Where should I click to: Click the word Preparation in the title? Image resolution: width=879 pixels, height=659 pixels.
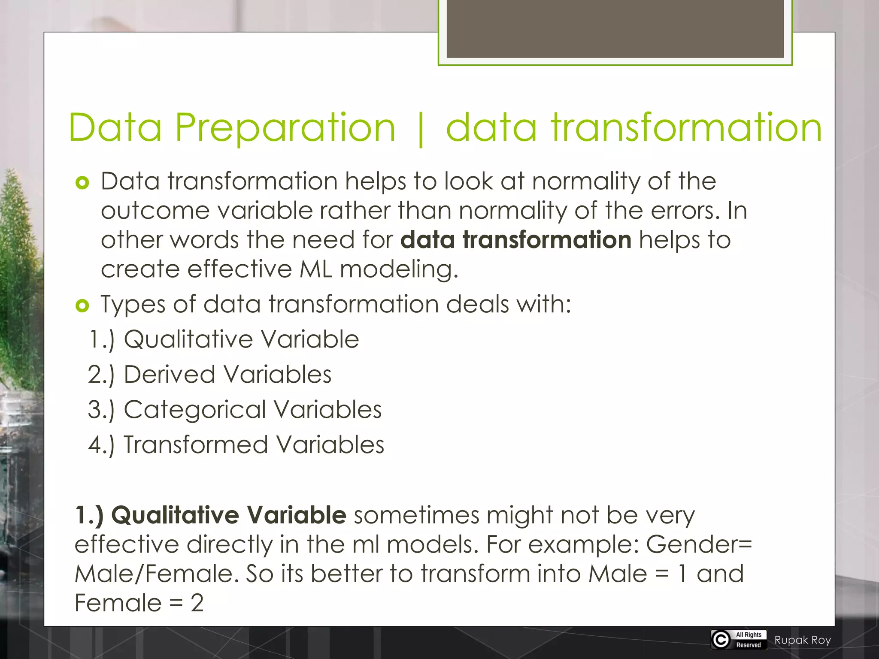pyautogui.click(x=285, y=127)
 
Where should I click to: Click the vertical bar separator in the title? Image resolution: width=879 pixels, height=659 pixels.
pyautogui.click(x=420, y=129)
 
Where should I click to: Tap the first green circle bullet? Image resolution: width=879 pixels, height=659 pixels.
pyautogui.click(x=82, y=183)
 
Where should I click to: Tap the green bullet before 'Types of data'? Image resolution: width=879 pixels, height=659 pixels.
pyautogui.click(x=82, y=306)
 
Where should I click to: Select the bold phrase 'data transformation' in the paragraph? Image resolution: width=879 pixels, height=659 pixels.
pyautogui.click(x=516, y=239)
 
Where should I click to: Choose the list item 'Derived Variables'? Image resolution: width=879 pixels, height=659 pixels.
pyautogui.click(x=227, y=375)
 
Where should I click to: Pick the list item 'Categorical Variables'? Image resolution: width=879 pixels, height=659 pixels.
pyautogui.click(x=252, y=410)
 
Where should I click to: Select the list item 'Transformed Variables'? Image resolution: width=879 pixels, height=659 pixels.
pyautogui.click(x=254, y=445)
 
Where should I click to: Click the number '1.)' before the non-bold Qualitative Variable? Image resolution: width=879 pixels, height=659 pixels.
pyautogui.click(x=102, y=340)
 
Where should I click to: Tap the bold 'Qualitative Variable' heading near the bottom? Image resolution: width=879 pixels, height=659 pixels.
pyautogui.click(x=228, y=515)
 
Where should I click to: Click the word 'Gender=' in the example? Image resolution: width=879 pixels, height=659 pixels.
pyautogui.click(x=699, y=544)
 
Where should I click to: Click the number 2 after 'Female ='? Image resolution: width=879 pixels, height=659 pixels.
pyautogui.click(x=197, y=603)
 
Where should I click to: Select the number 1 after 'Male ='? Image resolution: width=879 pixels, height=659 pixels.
pyautogui.click(x=682, y=574)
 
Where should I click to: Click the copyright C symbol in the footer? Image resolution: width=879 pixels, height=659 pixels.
pyautogui.click(x=721, y=640)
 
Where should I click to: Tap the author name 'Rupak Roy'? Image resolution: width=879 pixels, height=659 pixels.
pyautogui.click(x=803, y=640)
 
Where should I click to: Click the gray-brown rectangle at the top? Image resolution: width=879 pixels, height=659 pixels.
pyautogui.click(x=615, y=28)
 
